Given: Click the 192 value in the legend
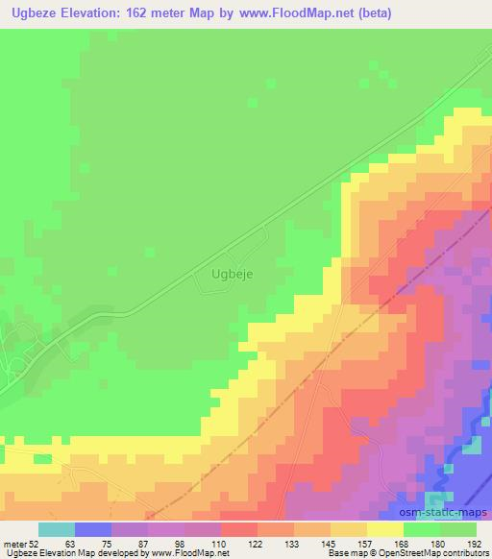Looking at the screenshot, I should tap(477, 545).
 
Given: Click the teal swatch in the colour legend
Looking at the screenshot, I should tap(56, 529).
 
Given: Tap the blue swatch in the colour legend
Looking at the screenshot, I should tap(92, 529).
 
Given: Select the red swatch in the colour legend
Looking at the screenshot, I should tap(238, 529).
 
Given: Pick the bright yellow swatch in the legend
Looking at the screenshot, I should tap(384, 529).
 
